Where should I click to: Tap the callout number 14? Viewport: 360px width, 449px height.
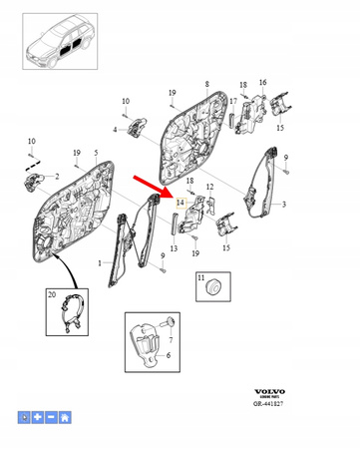(180, 202)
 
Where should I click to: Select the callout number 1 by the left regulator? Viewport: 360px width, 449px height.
(99, 263)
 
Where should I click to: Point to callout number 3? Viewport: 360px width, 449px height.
(284, 206)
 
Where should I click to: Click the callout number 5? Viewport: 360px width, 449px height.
(96, 153)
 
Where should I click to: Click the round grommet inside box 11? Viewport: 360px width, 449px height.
(210, 287)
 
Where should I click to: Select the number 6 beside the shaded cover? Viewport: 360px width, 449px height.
(168, 354)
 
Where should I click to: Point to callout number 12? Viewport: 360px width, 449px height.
(209, 188)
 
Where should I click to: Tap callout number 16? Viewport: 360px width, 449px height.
(263, 83)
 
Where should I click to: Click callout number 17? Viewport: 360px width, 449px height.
(232, 101)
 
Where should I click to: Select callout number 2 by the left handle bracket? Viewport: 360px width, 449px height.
(57, 177)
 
